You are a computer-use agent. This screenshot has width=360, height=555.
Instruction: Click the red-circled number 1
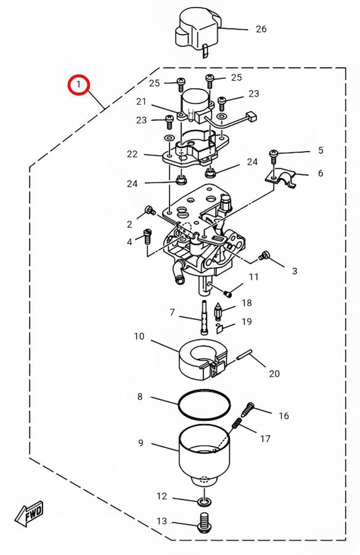click(78, 84)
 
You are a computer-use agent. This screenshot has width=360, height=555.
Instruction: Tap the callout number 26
click(261, 29)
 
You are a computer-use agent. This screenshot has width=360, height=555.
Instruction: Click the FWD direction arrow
click(29, 513)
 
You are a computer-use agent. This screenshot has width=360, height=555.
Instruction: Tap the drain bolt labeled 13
click(203, 524)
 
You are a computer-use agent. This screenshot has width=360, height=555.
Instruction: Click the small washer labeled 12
click(205, 501)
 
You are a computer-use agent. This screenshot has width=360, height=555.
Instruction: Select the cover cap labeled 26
click(197, 32)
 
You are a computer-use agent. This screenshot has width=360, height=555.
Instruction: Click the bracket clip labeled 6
click(280, 178)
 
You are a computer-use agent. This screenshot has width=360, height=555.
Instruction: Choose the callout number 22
click(132, 154)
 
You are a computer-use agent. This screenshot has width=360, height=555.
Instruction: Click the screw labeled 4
click(147, 236)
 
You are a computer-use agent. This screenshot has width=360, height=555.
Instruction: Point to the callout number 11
click(253, 277)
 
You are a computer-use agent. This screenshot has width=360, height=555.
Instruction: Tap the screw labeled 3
click(264, 255)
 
